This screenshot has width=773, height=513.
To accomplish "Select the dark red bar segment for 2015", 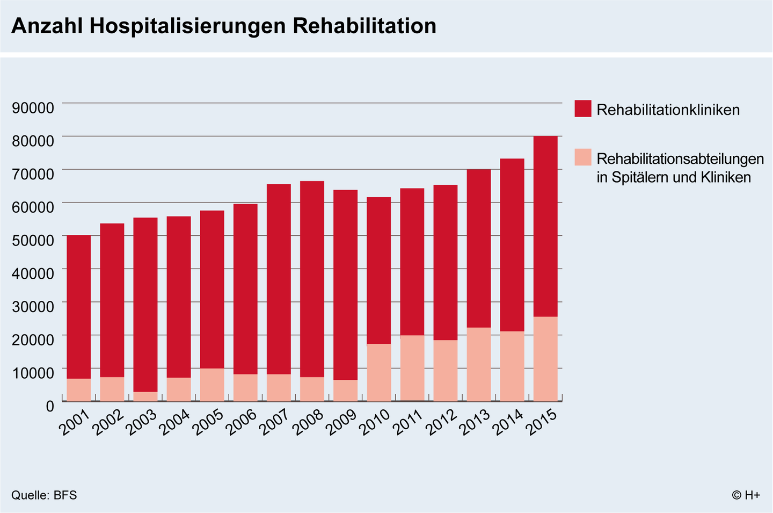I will (x=545, y=226).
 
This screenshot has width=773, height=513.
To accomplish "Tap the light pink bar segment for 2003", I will (x=145, y=396).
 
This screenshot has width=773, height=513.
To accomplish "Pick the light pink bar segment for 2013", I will (x=479, y=364).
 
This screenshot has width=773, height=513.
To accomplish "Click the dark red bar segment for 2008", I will (x=312, y=279).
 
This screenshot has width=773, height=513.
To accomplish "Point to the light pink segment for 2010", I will (x=379, y=372).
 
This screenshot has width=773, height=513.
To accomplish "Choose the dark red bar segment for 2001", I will (x=79, y=306).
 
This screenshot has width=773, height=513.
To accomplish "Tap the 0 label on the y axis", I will (x=50, y=406).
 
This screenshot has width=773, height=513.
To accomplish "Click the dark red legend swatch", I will (x=582, y=109).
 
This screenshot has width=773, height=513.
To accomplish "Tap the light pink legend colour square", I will (x=582, y=157).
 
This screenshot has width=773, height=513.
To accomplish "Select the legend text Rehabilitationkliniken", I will (x=668, y=110).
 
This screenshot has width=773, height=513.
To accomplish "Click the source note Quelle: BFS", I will (x=44, y=495).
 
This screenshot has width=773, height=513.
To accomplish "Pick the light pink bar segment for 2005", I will (x=212, y=385).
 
